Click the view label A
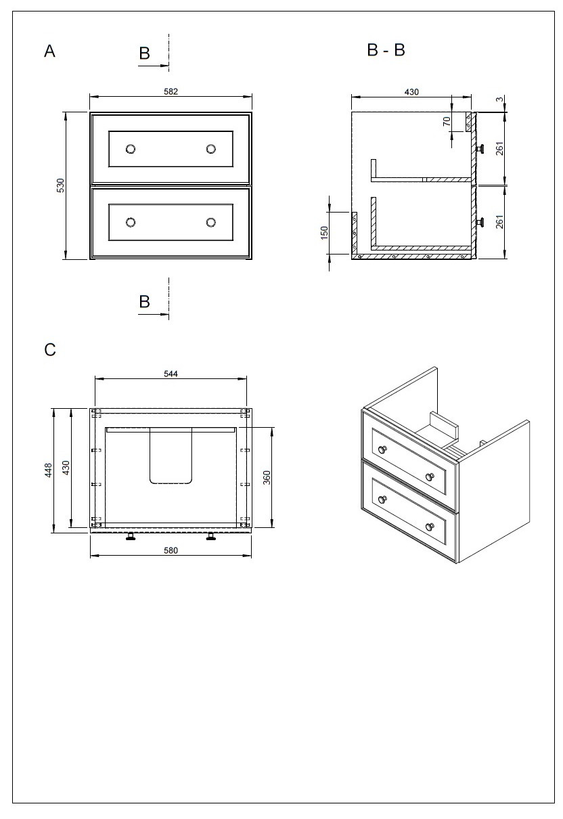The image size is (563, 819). click(x=49, y=51)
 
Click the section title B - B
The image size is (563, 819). click(x=386, y=50)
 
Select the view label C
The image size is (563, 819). click(x=49, y=350)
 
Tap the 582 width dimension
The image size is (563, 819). click(x=171, y=92)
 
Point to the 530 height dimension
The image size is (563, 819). click(x=60, y=185)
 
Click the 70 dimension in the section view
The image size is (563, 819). click(x=447, y=122)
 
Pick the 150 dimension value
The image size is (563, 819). click(x=323, y=232)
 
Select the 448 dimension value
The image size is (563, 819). click(x=49, y=470)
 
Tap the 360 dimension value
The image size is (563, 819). click(x=267, y=477)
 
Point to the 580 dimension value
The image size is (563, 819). click(x=171, y=550)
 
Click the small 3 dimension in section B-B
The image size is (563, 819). click(x=499, y=99)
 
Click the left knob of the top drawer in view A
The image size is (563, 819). click(x=131, y=149)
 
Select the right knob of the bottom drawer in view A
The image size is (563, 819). click(x=210, y=222)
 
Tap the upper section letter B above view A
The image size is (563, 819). click(x=144, y=54)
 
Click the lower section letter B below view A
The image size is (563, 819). click(x=144, y=302)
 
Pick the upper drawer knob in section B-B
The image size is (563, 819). click(x=481, y=149)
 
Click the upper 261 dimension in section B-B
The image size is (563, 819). click(x=499, y=149)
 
